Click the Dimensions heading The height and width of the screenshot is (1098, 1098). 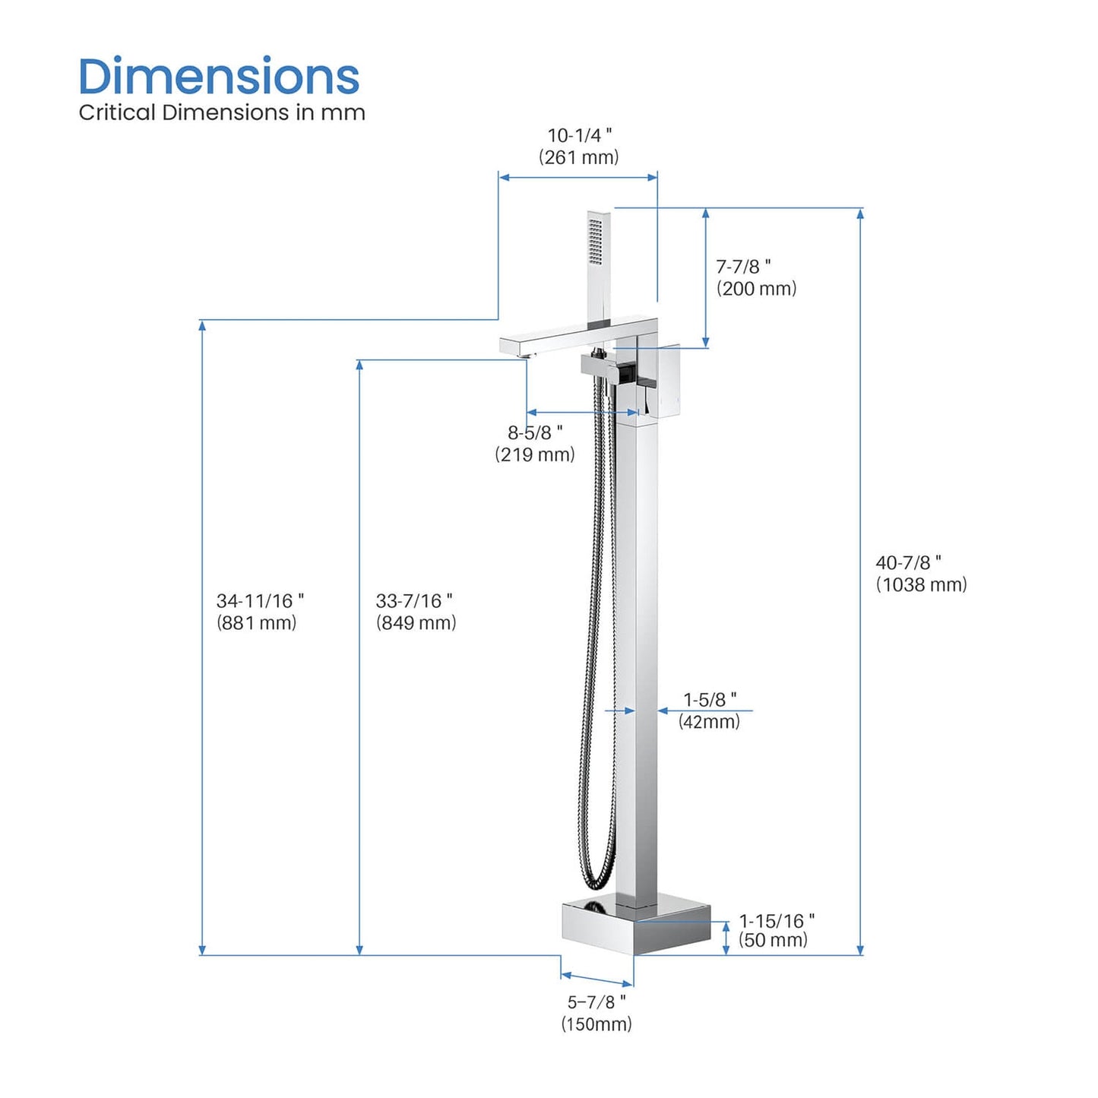pyautogui.click(x=219, y=77)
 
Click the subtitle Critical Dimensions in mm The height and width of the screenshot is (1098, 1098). pyautogui.click(x=222, y=112)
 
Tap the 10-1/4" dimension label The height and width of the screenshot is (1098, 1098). pyautogui.click(x=580, y=135)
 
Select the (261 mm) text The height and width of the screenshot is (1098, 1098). pyautogui.click(x=579, y=157)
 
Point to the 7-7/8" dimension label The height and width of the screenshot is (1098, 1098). pyautogui.click(x=743, y=267)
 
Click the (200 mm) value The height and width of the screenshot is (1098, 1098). pyautogui.click(x=756, y=289)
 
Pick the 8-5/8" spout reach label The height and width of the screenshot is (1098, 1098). pyautogui.click(x=535, y=432)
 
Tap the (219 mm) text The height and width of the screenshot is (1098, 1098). pyautogui.click(x=535, y=454)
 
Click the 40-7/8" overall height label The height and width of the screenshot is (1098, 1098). pyautogui.click(x=908, y=563)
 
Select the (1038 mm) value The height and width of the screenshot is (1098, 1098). pyautogui.click(x=921, y=584)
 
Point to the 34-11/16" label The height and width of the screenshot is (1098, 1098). pyautogui.click(x=260, y=601)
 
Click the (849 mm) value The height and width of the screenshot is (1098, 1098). pyautogui.click(x=416, y=623)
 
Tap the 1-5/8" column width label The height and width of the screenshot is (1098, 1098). pyautogui.click(x=710, y=700)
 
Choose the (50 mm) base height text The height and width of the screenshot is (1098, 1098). pyautogui.click(x=773, y=941)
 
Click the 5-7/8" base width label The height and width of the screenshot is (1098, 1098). pyautogui.click(x=596, y=1002)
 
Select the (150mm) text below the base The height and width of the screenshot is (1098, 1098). pyautogui.click(x=596, y=1024)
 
